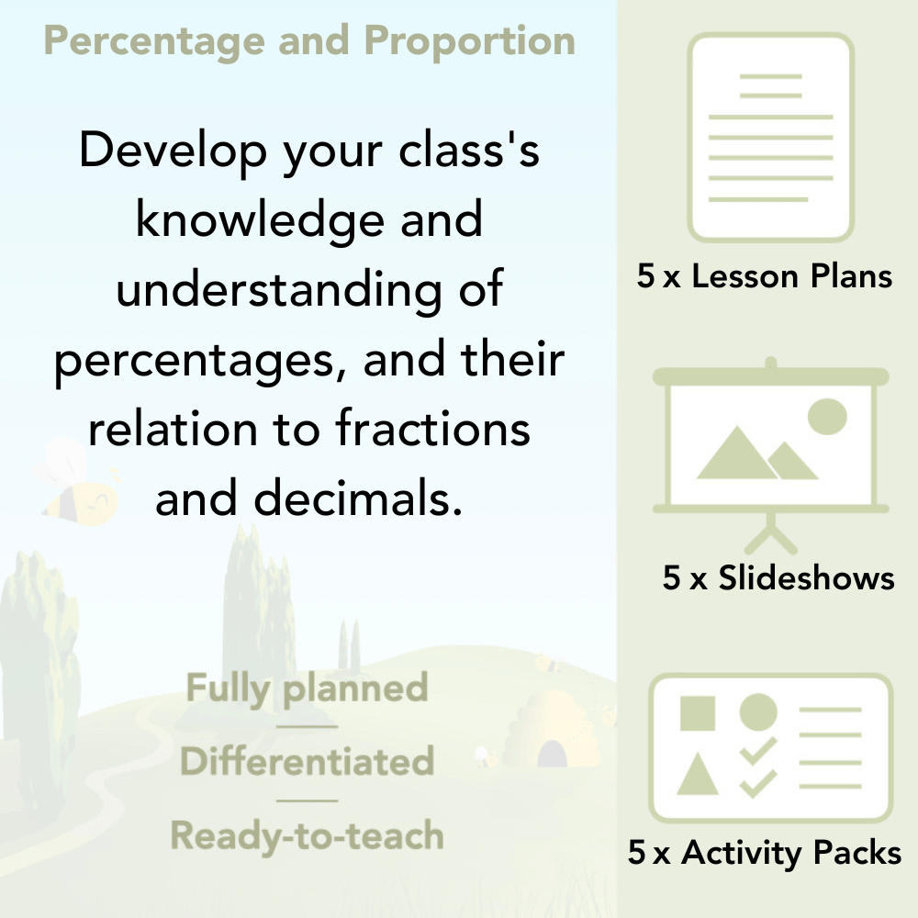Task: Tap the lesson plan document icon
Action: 771,137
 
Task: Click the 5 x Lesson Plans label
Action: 765,277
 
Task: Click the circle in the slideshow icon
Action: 826,416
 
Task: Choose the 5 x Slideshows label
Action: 778,578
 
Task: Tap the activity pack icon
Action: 770,748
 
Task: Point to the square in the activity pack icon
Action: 698,712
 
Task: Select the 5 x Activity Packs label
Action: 765,854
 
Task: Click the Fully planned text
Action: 307,688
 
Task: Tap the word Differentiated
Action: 307,762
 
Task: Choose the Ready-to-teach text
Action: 307,835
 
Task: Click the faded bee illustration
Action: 78,482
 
